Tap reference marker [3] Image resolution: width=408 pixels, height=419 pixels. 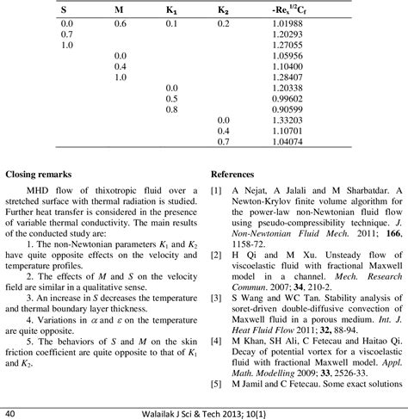(215, 296)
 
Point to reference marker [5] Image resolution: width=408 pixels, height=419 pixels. (215, 382)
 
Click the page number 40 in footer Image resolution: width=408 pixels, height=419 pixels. (10, 410)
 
